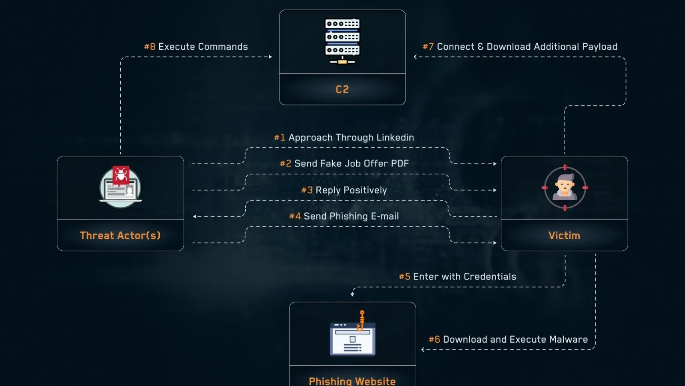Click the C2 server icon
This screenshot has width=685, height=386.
pos(342,41)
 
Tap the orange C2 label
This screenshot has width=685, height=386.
pos(342,89)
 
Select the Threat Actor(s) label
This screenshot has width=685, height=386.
pos(120,235)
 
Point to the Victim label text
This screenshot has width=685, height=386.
pos(564,235)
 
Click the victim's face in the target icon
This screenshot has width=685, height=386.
pos(565,186)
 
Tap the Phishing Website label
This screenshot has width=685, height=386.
pos(352,381)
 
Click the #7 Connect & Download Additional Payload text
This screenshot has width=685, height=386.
pos(520,46)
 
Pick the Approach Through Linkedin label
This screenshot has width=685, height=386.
pos(344,137)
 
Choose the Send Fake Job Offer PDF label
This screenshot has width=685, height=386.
pos(344,163)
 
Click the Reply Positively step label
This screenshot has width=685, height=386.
pos(344,190)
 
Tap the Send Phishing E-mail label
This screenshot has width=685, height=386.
pos(344,216)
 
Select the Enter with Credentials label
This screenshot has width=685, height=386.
pos(458,277)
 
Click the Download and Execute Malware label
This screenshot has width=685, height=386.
pos(508,339)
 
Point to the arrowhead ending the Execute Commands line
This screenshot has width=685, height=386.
pos(270,57)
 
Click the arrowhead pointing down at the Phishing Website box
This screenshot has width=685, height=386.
pos(352,294)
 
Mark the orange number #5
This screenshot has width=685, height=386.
pos(405,277)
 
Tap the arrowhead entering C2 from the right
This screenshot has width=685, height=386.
pos(415,57)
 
